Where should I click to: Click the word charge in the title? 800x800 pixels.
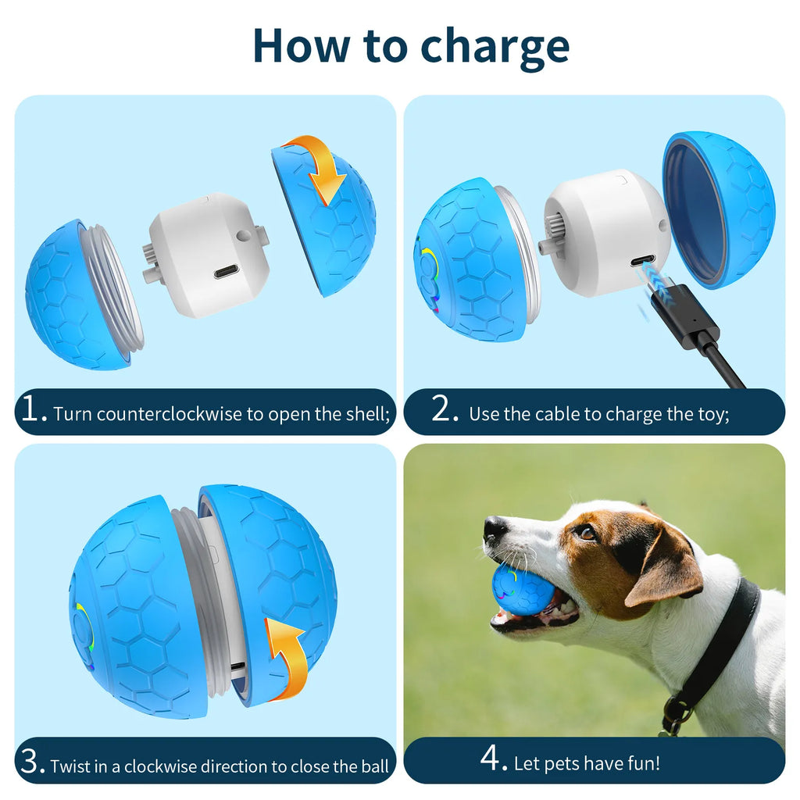click(495, 46)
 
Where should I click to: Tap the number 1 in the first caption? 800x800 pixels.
click(34, 411)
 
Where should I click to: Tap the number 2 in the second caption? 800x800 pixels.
click(445, 411)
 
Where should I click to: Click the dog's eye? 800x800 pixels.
click(586, 533)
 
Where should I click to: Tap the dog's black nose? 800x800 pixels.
click(495, 529)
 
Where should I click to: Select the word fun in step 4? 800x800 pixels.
click(643, 762)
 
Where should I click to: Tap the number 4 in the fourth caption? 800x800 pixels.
click(494, 759)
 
